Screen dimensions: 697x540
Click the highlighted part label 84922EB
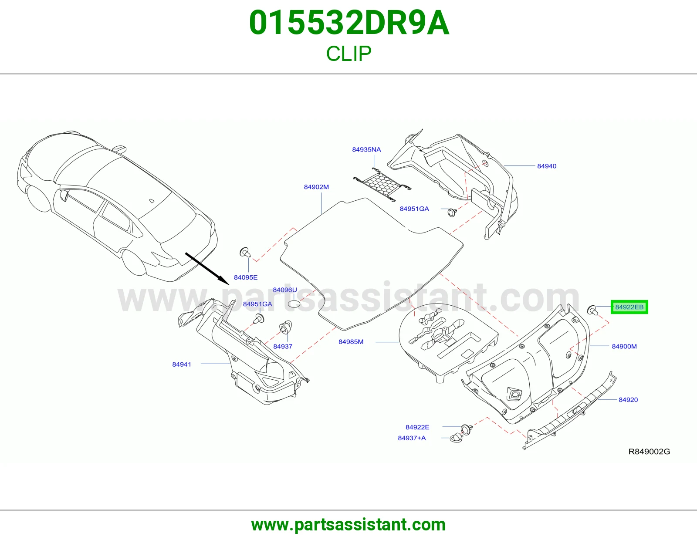(629, 307)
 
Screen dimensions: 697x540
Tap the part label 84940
(547, 166)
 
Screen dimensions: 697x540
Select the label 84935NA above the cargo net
(366, 149)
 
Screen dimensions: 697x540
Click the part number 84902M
(316, 187)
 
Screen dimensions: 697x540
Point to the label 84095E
(245, 277)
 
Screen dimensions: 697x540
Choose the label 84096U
(285, 290)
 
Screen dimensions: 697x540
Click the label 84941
(182, 364)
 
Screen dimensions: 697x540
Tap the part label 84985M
(351, 342)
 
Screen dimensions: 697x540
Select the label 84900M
(624, 346)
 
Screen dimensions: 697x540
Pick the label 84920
(628, 400)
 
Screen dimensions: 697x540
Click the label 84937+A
(412, 438)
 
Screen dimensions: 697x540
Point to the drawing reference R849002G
(649, 452)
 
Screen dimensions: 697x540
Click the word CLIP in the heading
(348, 54)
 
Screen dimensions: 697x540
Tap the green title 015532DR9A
(349, 23)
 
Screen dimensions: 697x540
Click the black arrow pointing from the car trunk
(207, 269)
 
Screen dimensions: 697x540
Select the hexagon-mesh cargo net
(382, 185)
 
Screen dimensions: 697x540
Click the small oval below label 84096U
(294, 304)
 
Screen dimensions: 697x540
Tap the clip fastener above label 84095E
(245, 253)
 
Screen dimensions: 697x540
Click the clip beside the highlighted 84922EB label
(592, 310)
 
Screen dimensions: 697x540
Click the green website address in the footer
(348, 525)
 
